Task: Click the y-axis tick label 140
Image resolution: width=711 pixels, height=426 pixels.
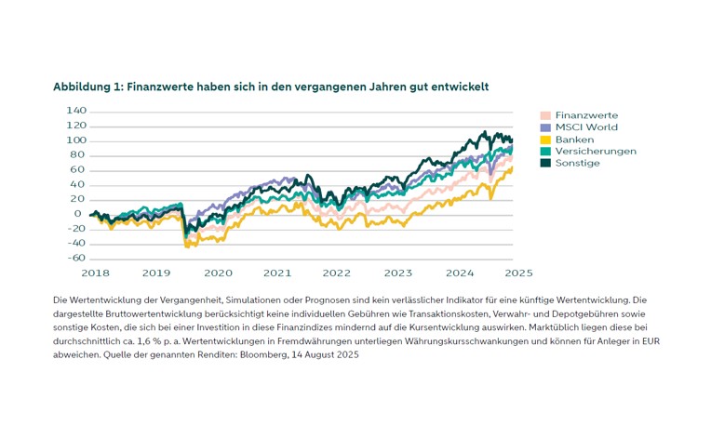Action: click(x=76, y=110)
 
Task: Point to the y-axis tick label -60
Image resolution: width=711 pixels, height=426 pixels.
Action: click(x=76, y=259)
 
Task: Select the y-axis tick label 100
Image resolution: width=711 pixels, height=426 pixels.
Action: click(x=76, y=140)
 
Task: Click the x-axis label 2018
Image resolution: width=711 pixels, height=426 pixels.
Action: click(x=96, y=273)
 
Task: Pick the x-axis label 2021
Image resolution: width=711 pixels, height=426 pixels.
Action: click(x=276, y=273)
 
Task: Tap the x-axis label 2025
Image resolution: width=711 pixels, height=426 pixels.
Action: click(x=518, y=273)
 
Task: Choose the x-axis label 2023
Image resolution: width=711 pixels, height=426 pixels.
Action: click(x=397, y=273)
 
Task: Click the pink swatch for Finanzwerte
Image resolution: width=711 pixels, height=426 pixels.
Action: click(x=545, y=114)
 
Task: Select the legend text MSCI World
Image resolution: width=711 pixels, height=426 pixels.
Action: click(x=586, y=126)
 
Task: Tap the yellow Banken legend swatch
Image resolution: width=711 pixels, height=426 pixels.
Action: click(x=545, y=139)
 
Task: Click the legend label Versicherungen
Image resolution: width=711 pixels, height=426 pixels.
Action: click(x=596, y=151)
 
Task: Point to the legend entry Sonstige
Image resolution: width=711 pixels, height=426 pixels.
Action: click(x=577, y=163)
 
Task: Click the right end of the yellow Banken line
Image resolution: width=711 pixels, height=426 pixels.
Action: click(x=511, y=168)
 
